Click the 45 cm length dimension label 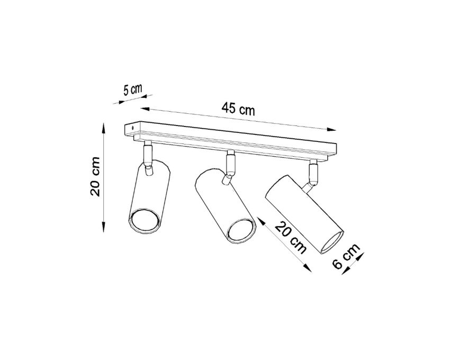click(x=238, y=109)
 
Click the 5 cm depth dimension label click(x=132, y=89)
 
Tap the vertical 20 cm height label click(x=95, y=176)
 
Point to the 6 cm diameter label click(x=346, y=256)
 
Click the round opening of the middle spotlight click(x=241, y=231)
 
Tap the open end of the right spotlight click(x=332, y=242)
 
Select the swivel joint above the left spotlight click(x=148, y=157)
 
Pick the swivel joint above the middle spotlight click(x=230, y=167)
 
